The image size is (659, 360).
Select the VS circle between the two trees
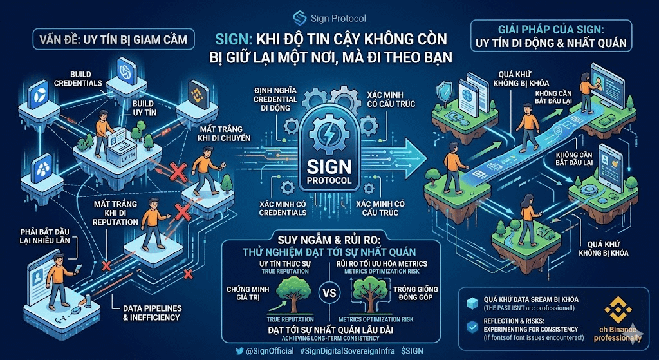(329, 294)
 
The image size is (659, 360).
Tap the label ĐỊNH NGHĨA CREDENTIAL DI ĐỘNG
(276, 100)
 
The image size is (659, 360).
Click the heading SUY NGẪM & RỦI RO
(329, 239)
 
